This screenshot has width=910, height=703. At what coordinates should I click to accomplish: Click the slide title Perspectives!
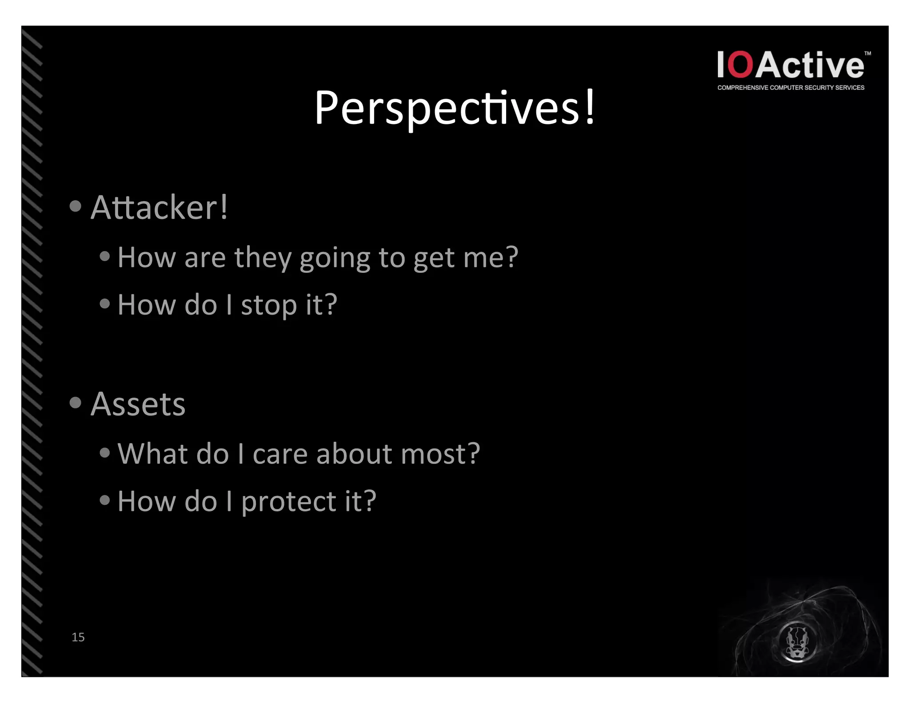[x=455, y=108]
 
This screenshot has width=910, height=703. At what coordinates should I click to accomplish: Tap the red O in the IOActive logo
[x=741, y=65]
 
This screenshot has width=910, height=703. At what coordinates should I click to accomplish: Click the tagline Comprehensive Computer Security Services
[x=790, y=88]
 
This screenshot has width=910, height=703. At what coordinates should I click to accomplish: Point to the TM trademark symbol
[x=867, y=54]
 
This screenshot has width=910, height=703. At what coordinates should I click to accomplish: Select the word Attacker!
[x=159, y=207]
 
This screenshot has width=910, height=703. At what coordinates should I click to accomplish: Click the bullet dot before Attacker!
[x=76, y=206]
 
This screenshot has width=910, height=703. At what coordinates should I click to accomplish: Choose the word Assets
[x=138, y=404]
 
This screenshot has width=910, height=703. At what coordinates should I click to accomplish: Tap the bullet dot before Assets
[x=76, y=403]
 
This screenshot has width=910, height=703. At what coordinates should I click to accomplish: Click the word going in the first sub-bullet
[x=335, y=258]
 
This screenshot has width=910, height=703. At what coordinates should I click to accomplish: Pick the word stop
[x=269, y=306]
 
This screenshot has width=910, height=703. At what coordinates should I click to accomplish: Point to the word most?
[x=440, y=454]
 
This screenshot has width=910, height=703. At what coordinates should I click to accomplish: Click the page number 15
[x=78, y=637]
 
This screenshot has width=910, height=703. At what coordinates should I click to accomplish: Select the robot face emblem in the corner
[x=797, y=641]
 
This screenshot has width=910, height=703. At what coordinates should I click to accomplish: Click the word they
[x=262, y=258]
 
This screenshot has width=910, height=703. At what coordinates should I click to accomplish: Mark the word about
[x=354, y=454]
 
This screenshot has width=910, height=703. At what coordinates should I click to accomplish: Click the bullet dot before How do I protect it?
[x=105, y=500]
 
